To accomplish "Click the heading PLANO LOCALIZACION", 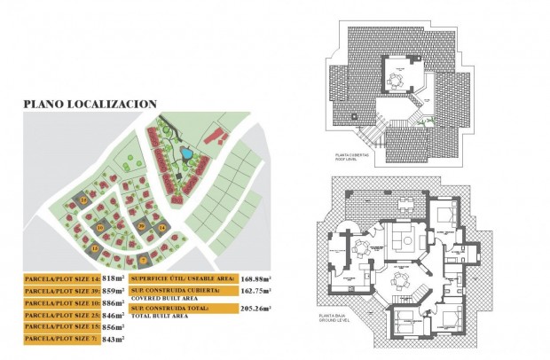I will [90, 104].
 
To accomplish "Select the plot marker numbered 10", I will [101, 229].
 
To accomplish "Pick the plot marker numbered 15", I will [96, 250].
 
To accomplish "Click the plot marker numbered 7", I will [143, 260].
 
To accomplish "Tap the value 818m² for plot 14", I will [113, 278].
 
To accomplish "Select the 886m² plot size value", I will [113, 302].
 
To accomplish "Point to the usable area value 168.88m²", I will [255, 278].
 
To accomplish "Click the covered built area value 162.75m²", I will [255, 290].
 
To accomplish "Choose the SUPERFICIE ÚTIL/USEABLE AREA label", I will [182, 278].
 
